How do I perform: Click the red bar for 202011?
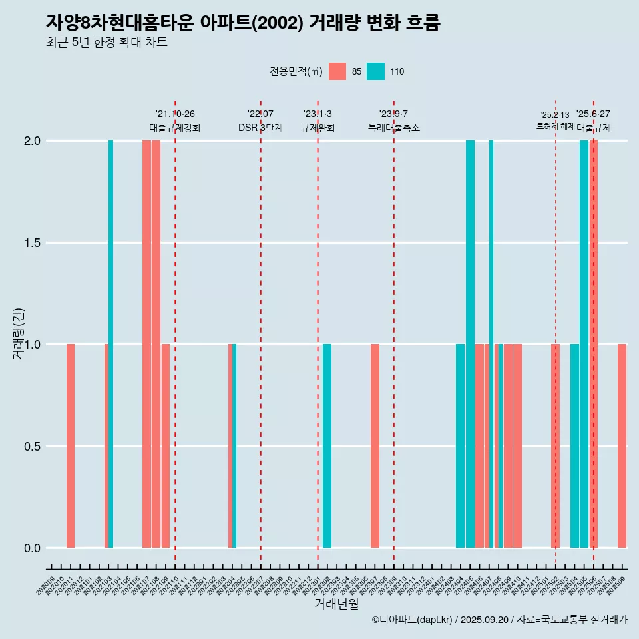pos(71,446)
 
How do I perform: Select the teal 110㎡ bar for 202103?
pos(111,344)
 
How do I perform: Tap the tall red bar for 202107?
pos(146,344)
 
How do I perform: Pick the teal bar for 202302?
pos(327,446)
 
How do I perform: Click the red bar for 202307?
pos(375,446)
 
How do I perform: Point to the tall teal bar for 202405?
pos(470,344)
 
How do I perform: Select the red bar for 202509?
pos(622,446)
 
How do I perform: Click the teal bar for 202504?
pos(574,446)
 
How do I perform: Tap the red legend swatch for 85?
pos(337,71)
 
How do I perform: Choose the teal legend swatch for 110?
pos(376,71)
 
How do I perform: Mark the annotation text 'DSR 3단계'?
pos(261,128)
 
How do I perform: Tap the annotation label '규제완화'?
pos(318,128)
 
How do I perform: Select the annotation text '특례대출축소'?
pos(394,128)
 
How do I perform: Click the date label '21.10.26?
pos(175,114)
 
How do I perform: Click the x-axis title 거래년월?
pos(336,604)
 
